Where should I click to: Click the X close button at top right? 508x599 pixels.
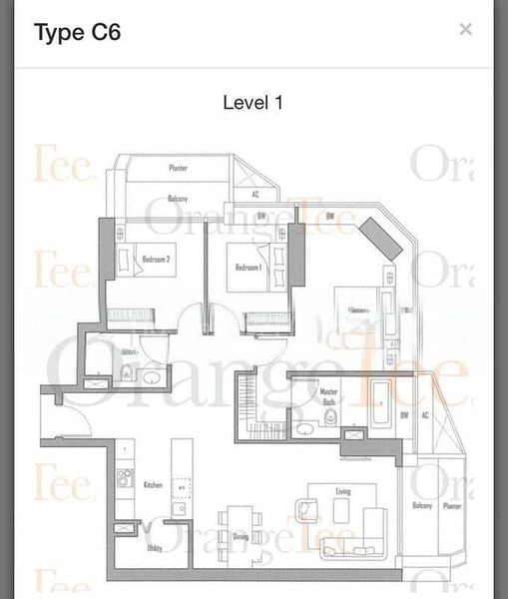coord(465,29)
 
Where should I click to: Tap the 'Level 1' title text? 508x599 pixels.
coord(254,103)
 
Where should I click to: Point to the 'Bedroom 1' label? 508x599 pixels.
coord(250,268)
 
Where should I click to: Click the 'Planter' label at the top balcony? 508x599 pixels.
coord(179,169)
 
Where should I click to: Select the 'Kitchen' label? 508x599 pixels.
coord(153,484)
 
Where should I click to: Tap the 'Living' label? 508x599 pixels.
coord(342,492)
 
